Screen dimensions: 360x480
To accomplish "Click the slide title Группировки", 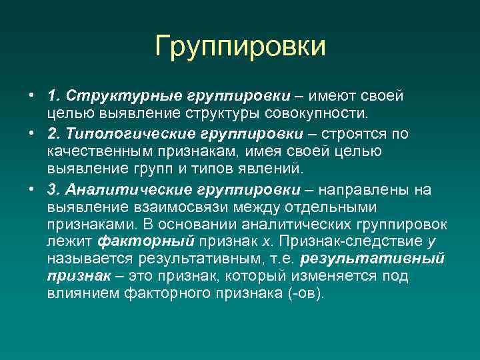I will pyautogui.click(x=240, y=47).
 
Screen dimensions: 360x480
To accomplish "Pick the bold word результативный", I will pyautogui.click(x=373, y=258).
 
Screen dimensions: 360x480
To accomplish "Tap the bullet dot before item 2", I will pyautogui.click(x=31, y=134).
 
